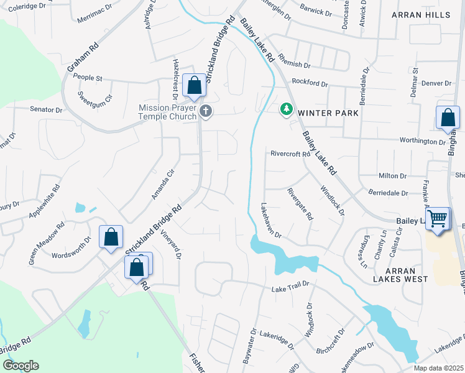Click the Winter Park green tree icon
coord(286,109)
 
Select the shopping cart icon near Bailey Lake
coord(438,219)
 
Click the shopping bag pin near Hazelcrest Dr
coord(195,86)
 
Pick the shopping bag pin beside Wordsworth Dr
coord(111,237)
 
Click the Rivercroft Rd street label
coord(290,154)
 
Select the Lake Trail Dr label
coord(290,290)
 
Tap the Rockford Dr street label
coord(310,83)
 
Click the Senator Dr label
coord(46,109)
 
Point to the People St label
coord(88,78)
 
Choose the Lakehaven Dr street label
coord(272,221)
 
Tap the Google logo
coord(21,366)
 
